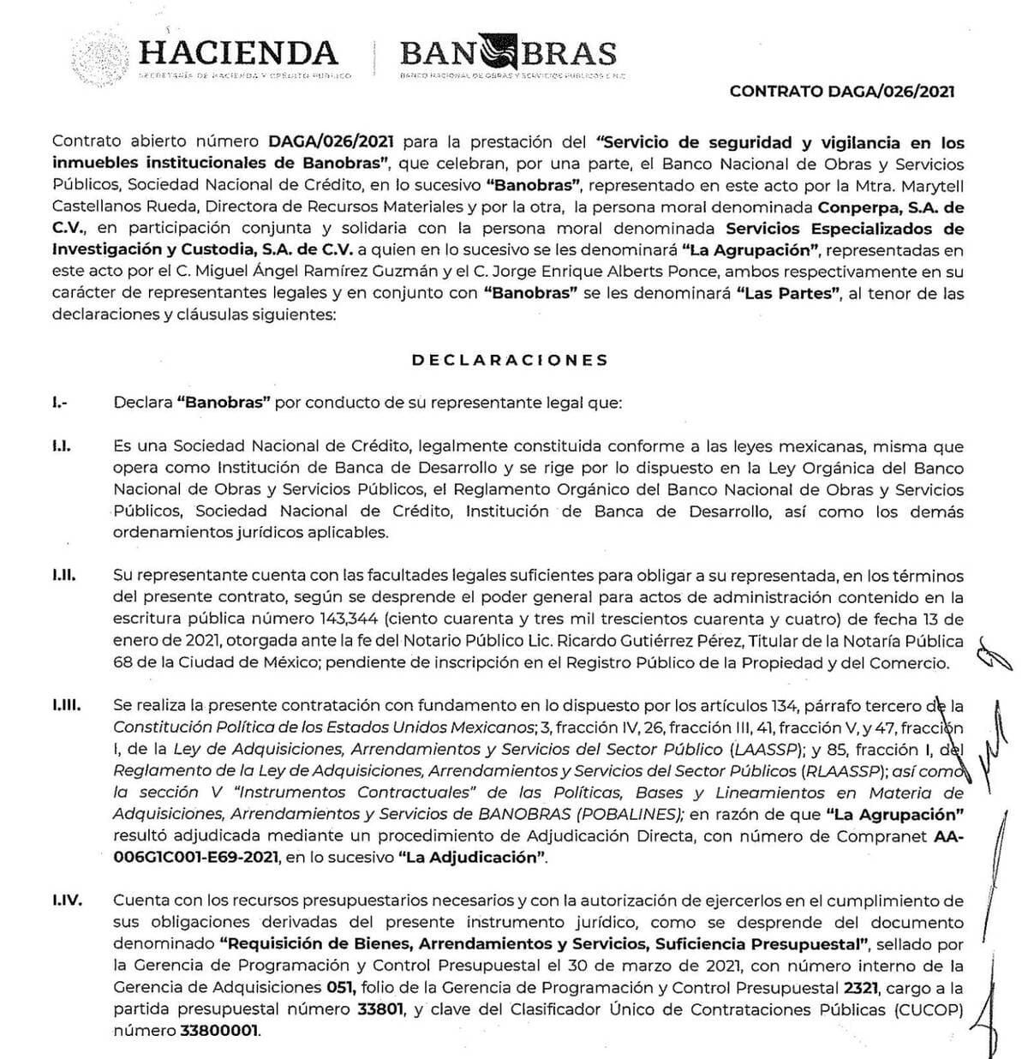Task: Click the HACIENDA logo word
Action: tap(238, 52)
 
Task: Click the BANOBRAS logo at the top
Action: tap(508, 54)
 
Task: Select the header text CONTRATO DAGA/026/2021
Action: tap(842, 92)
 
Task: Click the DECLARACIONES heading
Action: tap(510, 360)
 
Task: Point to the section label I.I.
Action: tap(61, 446)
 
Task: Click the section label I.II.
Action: tap(63, 575)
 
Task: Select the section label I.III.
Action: tap(66, 705)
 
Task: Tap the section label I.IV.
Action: tap(66, 900)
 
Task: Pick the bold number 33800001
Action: tap(219, 1031)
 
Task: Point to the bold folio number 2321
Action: tap(861, 987)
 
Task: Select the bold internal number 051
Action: tap(332, 987)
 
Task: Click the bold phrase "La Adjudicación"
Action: tap(473, 858)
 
